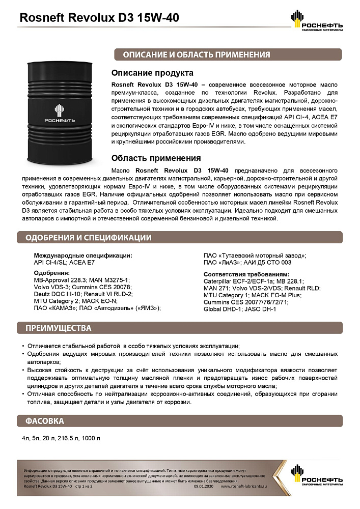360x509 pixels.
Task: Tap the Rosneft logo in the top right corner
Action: click(316, 20)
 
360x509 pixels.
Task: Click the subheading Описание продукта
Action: click(152, 73)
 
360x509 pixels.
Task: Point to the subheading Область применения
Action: click(156, 158)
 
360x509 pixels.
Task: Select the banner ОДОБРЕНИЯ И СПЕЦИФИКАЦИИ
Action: click(89, 238)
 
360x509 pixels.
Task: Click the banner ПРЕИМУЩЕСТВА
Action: click(58, 328)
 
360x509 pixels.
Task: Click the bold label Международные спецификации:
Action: click(83, 255)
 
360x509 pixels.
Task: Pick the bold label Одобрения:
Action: click(51, 273)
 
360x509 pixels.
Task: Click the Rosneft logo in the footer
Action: click(316, 475)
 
